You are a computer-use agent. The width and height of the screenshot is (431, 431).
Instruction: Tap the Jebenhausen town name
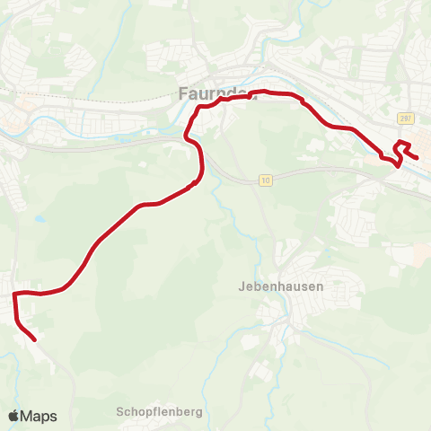pyautogui.click(x=281, y=286)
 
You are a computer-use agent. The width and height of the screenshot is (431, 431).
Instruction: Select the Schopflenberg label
pyautogui.click(x=160, y=412)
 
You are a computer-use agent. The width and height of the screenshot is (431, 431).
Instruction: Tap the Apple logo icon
pyautogui.click(x=15, y=416)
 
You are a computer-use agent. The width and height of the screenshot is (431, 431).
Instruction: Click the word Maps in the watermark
pyautogui.click(x=40, y=416)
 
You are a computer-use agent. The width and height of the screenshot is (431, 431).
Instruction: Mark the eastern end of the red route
pyautogui.click(x=418, y=159)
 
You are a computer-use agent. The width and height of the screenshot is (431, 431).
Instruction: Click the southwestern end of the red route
pyautogui.click(x=34, y=340)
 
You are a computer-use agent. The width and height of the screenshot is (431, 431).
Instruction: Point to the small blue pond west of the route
pyautogui.click(x=38, y=218)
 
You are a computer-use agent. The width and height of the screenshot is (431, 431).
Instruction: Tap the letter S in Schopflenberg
pyautogui.click(x=120, y=412)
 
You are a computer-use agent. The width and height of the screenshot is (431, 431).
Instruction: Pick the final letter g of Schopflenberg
pyautogui.click(x=200, y=413)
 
